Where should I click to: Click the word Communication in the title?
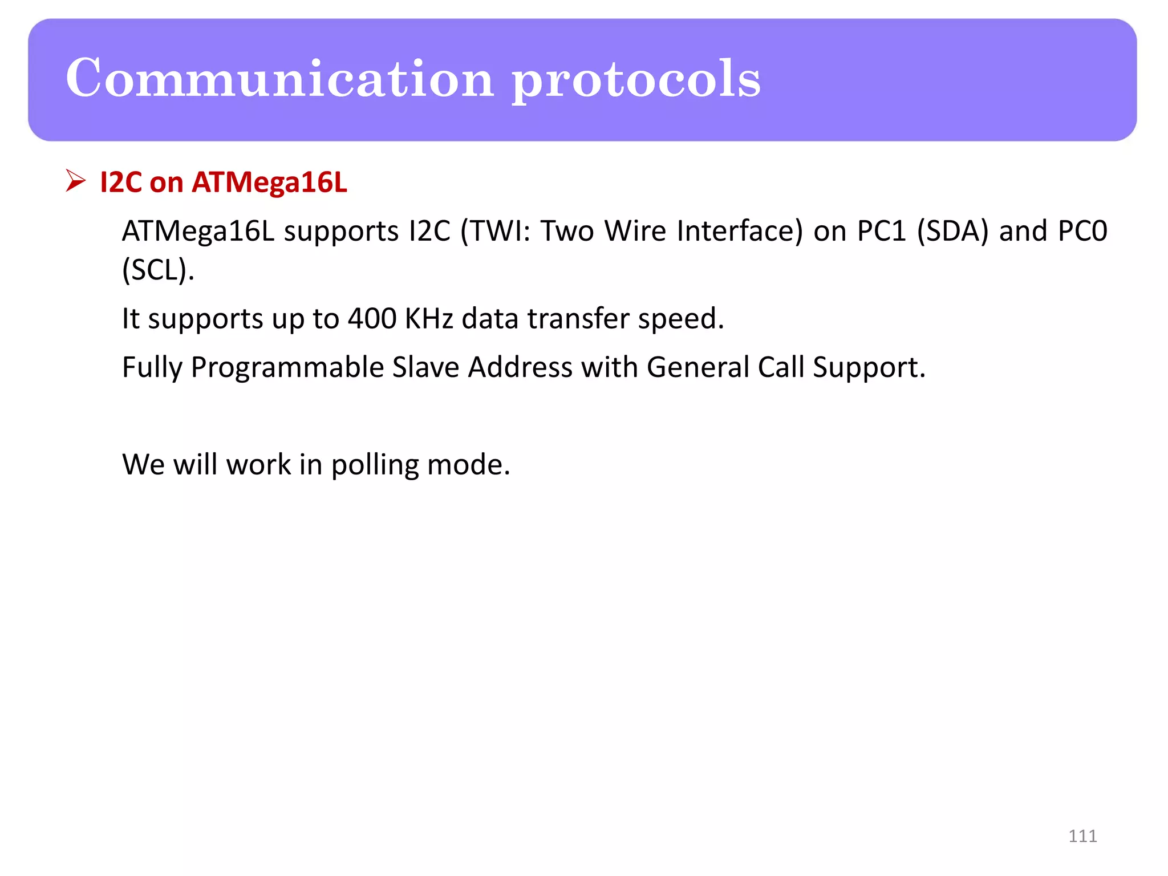pos(279,78)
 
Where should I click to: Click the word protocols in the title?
pos(636,80)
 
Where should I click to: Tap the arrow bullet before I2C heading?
pos(75,181)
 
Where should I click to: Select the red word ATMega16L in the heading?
pos(269,182)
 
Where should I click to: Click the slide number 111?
pos(1082,836)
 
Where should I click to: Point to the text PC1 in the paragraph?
pos(881,232)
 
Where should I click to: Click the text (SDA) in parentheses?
pos(952,232)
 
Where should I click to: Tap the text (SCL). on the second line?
pos(158,270)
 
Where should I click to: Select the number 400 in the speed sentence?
pos(372,318)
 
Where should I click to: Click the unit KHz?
pos(428,318)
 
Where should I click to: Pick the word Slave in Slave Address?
pos(425,367)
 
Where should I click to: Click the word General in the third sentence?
pos(697,367)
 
